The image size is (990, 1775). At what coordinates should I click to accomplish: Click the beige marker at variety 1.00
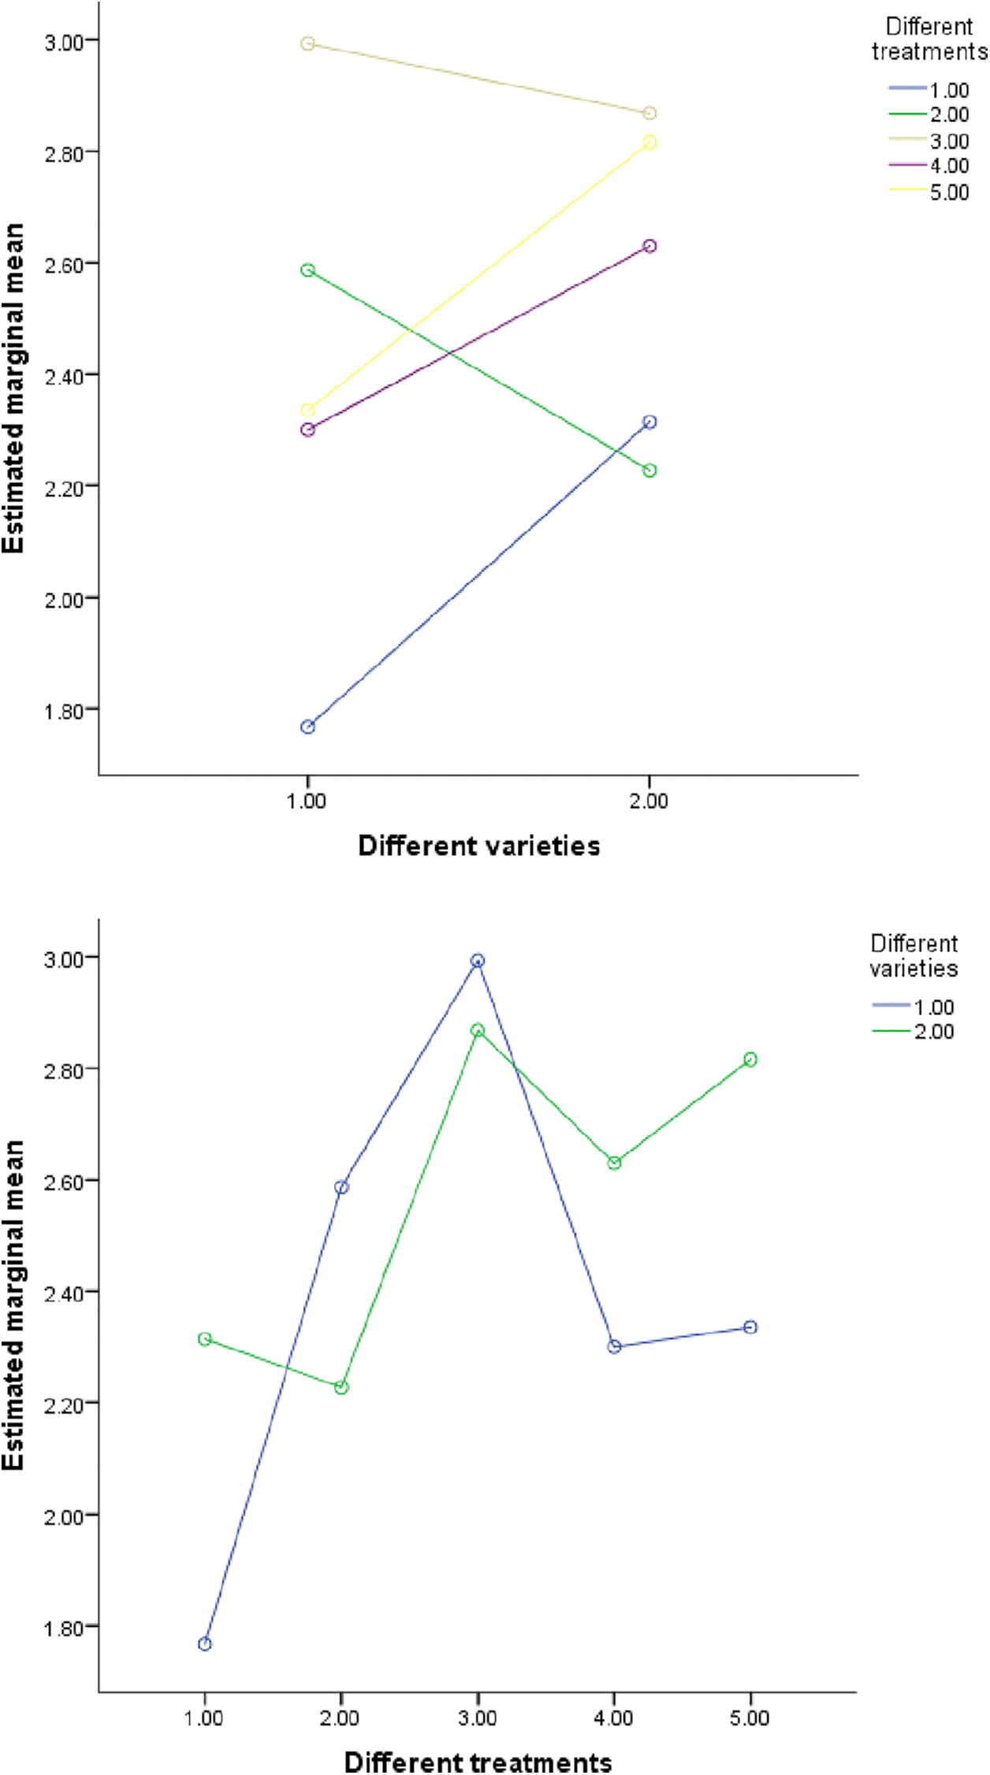(308, 43)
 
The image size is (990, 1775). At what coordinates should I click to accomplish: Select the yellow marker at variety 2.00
(649, 142)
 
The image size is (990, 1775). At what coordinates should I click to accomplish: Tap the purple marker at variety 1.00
(308, 430)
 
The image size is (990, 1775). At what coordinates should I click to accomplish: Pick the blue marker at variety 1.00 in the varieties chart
(308, 727)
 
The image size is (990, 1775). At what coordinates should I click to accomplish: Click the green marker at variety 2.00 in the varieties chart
(649, 471)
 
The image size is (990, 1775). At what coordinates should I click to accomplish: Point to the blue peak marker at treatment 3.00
(478, 961)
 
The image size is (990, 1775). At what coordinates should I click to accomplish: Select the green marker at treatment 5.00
(750, 1059)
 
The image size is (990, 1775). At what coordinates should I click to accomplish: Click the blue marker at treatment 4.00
(614, 1347)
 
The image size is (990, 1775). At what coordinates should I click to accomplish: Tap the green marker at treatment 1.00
(205, 1339)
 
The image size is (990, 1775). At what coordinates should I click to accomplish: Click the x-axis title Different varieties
(479, 846)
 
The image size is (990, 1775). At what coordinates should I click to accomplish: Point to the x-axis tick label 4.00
(613, 1718)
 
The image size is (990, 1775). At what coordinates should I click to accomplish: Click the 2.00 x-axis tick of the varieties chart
(649, 802)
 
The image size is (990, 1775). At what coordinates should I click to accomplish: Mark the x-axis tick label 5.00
(750, 1718)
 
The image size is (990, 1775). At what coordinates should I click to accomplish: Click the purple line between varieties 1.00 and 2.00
(478, 338)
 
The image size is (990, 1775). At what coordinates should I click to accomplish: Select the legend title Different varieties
(914, 956)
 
